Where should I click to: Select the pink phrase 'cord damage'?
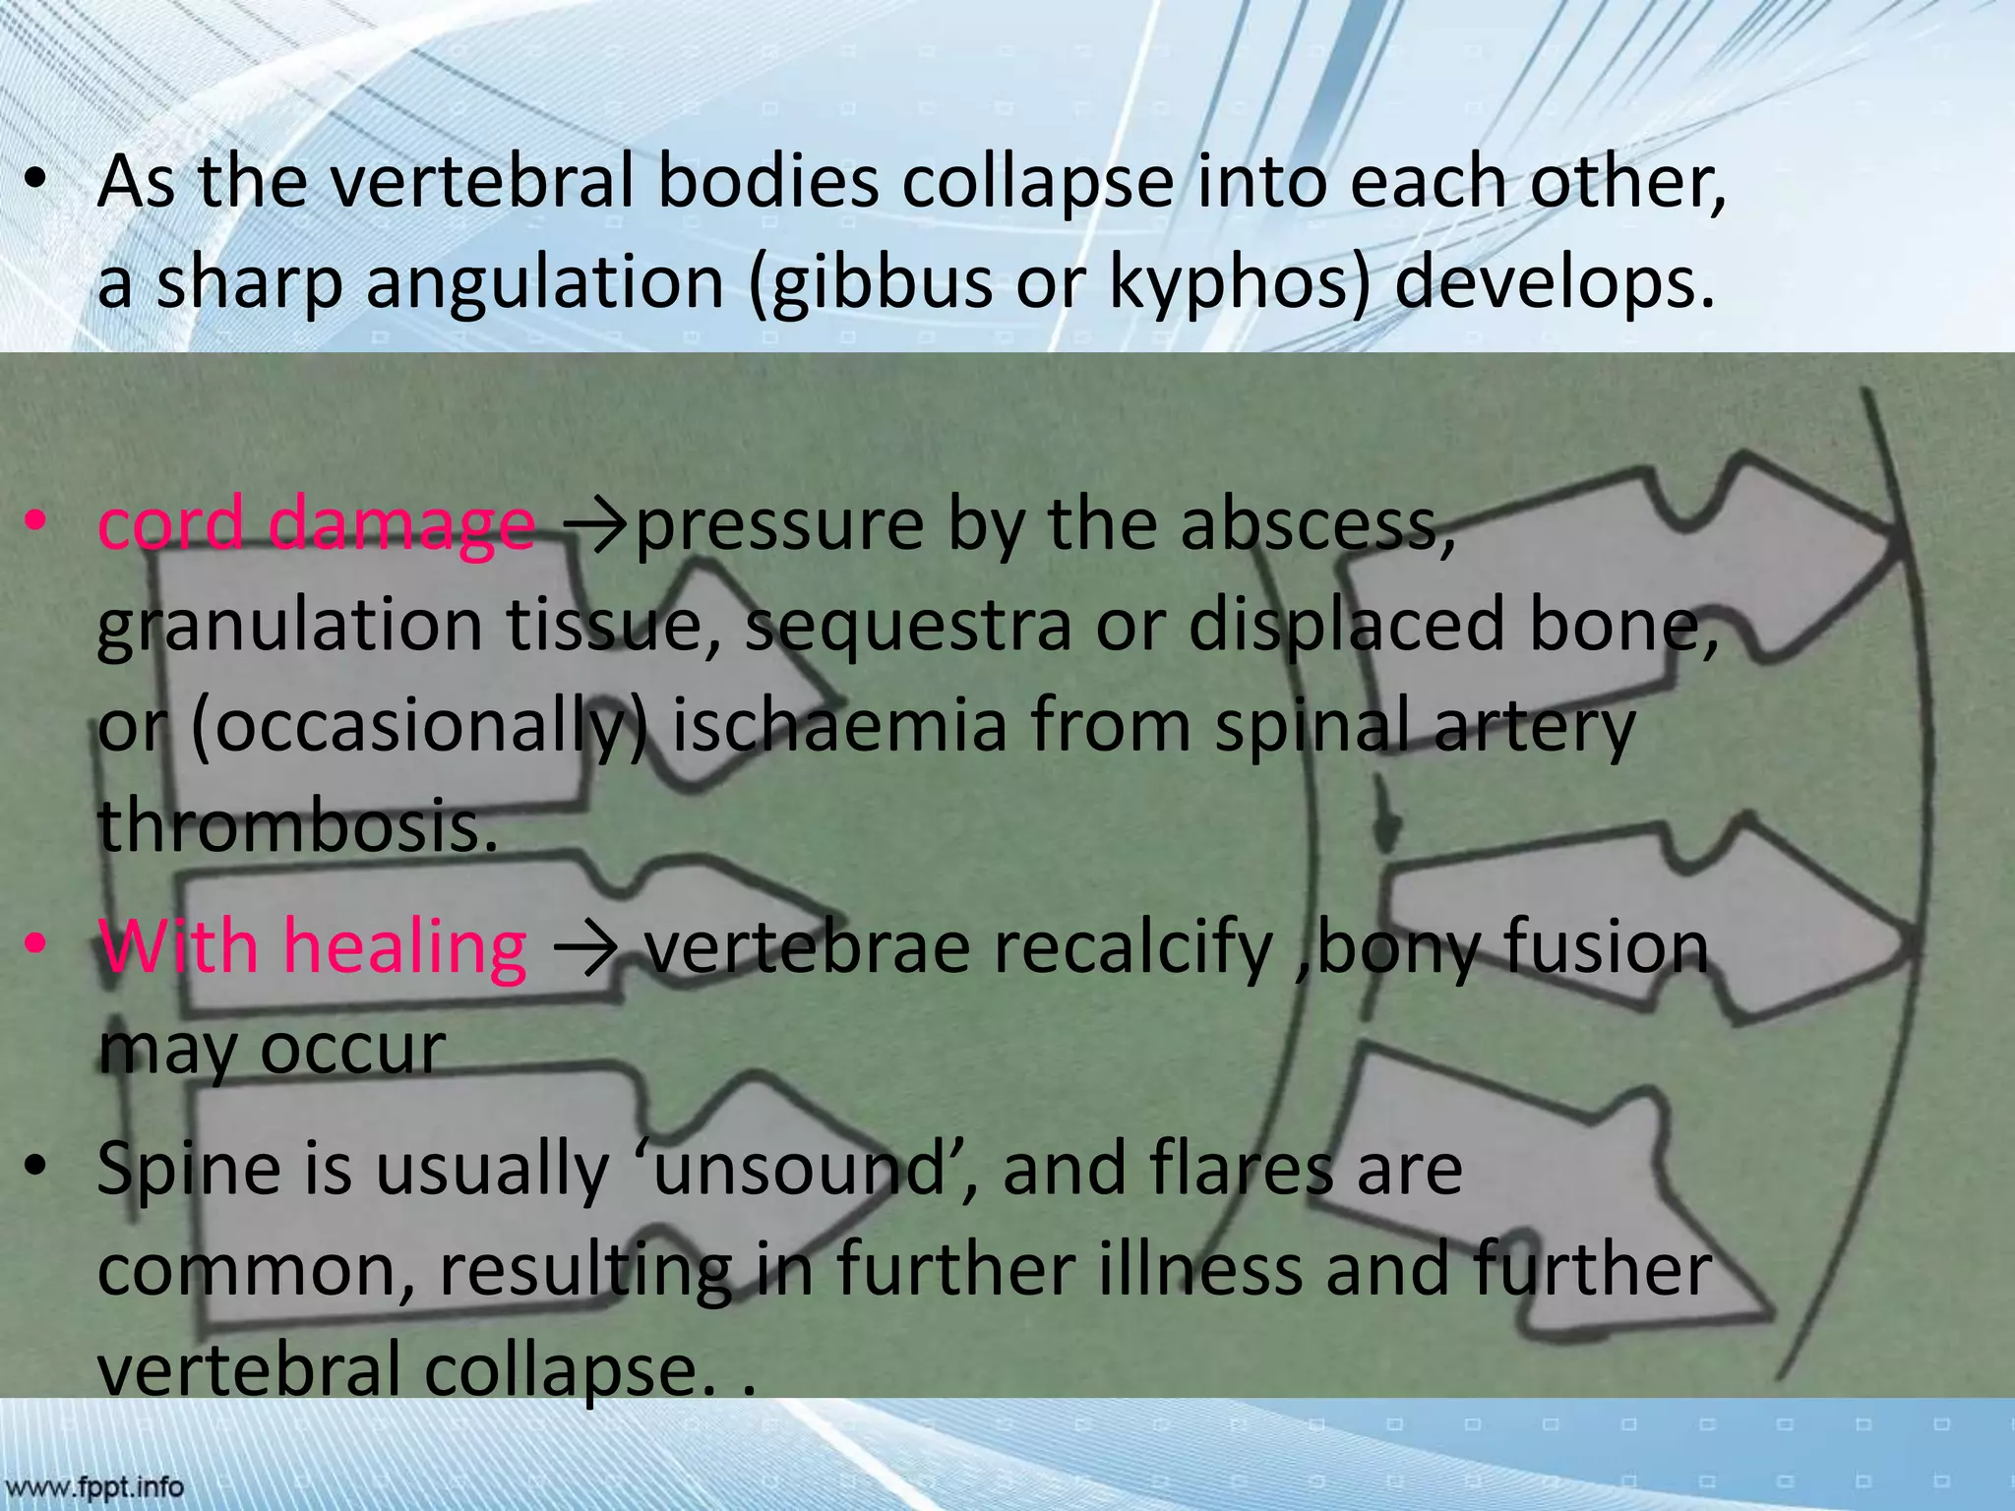click(x=316, y=524)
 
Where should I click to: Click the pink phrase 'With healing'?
click(x=313, y=946)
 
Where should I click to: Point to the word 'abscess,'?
click(x=1317, y=524)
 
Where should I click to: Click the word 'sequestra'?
click(x=908, y=626)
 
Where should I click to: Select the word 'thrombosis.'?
click(x=298, y=826)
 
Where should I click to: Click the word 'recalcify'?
click(x=959, y=946)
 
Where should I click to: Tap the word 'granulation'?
click(x=289, y=626)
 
